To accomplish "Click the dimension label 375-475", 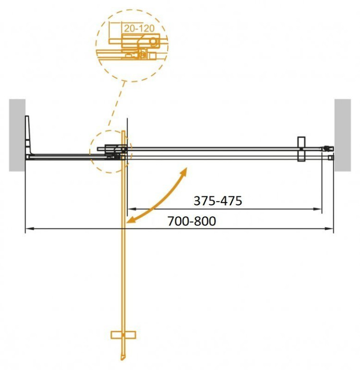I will pos(217,201).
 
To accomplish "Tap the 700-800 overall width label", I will pos(192,221).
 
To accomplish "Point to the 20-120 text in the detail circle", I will pos(139,29).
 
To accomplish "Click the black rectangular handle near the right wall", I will pos(301,150).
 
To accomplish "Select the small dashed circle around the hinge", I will pos(110,151).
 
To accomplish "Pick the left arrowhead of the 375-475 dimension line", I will pos(130,209).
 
